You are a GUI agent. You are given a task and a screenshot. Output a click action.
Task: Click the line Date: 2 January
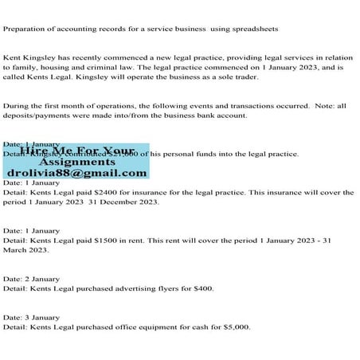pos(31,279)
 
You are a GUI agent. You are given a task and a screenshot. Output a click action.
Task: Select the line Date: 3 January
pos(31,317)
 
